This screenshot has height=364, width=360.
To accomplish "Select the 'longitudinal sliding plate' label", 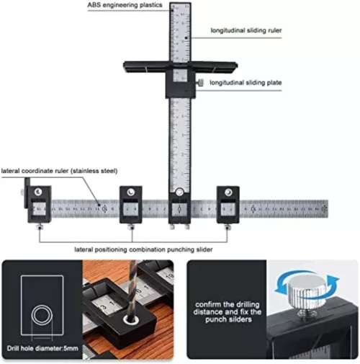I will (x=246, y=83).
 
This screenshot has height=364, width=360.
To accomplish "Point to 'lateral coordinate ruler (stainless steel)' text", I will (x=59, y=171).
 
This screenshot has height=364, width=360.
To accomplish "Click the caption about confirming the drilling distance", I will (x=227, y=314).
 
